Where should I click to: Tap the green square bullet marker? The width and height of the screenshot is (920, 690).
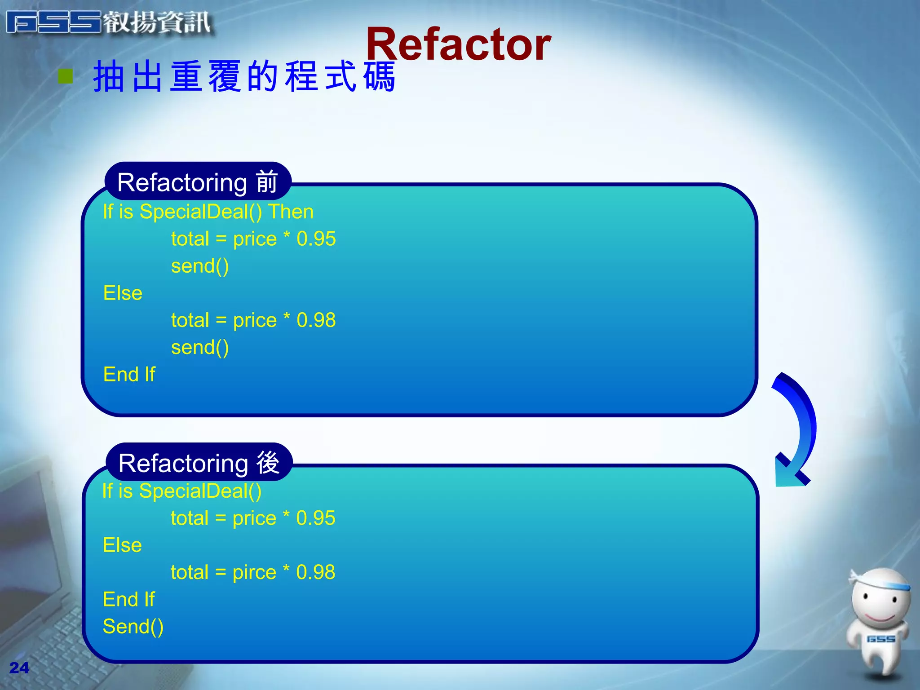[x=66, y=76]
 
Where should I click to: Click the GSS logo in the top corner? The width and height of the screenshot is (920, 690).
[x=54, y=22]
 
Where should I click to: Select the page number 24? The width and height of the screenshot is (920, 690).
[x=19, y=668]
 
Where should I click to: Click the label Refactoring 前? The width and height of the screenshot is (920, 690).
[x=198, y=182]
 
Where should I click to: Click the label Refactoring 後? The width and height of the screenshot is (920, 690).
[x=199, y=463]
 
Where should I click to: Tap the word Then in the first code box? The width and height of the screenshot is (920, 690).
[x=291, y=212]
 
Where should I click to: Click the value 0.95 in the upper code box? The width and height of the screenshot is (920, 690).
[x=316, y=239]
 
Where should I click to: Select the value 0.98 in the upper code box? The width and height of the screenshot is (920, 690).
[x=316, y=320]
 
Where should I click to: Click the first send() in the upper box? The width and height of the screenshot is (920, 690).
[x=200, y=266]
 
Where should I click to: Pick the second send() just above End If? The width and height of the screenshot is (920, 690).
[x=200, y=347]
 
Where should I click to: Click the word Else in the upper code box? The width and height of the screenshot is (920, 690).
[x=123, y=293]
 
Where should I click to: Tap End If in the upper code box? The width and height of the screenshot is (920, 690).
[x=129, y=374]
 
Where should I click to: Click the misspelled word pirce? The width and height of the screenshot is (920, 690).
[x=254, y=572]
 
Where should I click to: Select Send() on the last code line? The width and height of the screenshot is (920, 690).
[x=133, y=627]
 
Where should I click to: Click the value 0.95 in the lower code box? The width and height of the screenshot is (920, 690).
[x=315, y=518]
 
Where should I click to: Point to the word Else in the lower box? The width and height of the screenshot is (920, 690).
[x=122, y=545]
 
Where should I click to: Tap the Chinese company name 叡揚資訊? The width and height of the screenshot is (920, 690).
[x=157, y=22]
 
